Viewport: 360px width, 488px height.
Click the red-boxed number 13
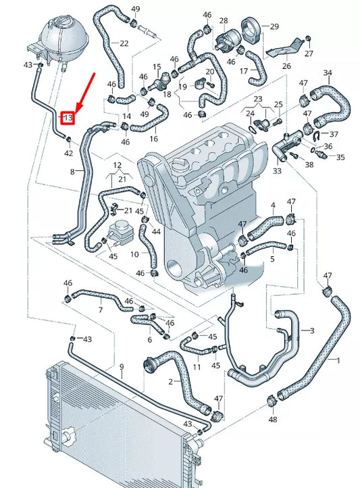click(68, 118)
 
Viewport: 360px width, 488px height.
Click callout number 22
click(124, 43)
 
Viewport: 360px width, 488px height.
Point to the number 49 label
click(136, 9)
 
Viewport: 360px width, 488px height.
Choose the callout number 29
click(274, 26)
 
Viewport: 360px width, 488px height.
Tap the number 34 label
click(328, 72)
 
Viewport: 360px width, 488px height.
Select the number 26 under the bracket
click(286, 66)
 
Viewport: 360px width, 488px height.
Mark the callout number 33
click(277, 172)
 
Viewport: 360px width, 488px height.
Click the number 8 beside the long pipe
click(73, 172)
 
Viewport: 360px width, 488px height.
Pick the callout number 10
click(134, 254)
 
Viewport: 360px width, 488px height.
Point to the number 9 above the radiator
click(122, 366)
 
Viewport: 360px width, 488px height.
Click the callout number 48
click(272, 420)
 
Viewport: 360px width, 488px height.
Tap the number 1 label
click(338, 361)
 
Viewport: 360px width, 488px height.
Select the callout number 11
click(197, 367)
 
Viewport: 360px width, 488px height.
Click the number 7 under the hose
click(101, 310)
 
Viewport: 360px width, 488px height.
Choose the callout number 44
click(156, 231)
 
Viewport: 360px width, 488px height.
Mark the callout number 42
click(68, 153)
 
